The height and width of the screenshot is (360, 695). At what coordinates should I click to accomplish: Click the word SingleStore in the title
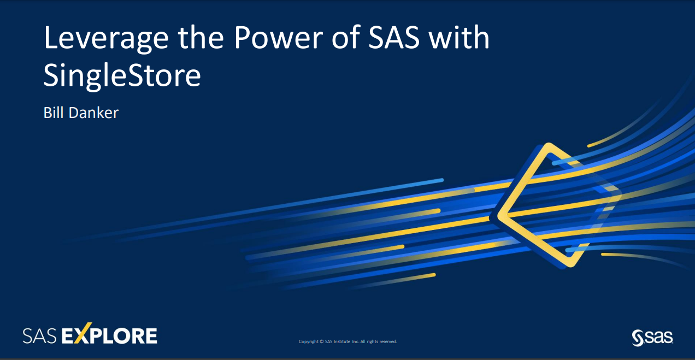pos(122,76)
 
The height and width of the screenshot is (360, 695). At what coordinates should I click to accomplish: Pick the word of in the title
pos(347,39)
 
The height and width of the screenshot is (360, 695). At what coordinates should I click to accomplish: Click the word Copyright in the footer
pos(309,341)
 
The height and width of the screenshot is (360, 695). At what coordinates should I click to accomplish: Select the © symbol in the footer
pos(322,341)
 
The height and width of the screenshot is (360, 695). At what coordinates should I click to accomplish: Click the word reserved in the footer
pos(387,341)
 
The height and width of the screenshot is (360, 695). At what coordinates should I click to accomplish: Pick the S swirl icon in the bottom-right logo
pos(638,338)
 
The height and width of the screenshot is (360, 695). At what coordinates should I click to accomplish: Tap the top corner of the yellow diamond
pos(549,146)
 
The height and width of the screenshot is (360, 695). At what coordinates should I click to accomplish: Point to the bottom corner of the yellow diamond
pos(570,264)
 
